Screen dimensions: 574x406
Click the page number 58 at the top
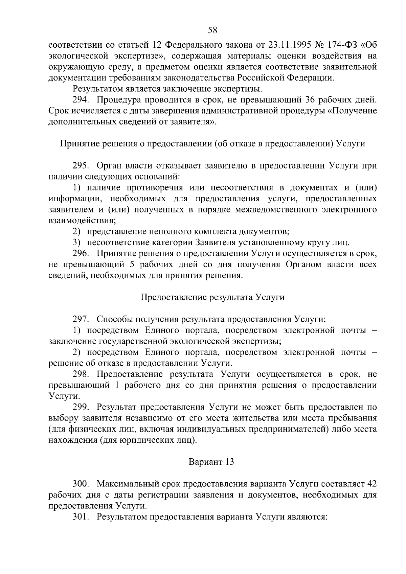point(212,30)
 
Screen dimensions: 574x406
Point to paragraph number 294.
point(81,100)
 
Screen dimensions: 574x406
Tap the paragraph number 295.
point(81,166)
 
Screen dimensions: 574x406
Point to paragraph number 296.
point(81,253)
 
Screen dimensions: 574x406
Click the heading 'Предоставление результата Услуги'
point(212,297)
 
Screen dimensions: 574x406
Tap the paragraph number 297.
point(81,319)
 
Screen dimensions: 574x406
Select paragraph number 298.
point(81,374)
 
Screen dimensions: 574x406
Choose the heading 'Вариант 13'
point(211,462)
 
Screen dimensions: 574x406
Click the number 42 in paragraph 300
point(371,484)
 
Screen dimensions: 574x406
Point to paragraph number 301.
point(81,517)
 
